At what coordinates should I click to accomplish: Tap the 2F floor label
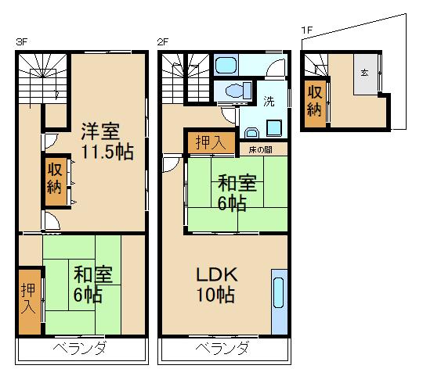tap(163, 41)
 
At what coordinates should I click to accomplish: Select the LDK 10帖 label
tap(215, 285)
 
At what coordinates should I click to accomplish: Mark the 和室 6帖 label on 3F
tap(93, 286)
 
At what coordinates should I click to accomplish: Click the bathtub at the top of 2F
tap(229, 64)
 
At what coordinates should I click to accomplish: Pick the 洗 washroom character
tap(269, 101)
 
